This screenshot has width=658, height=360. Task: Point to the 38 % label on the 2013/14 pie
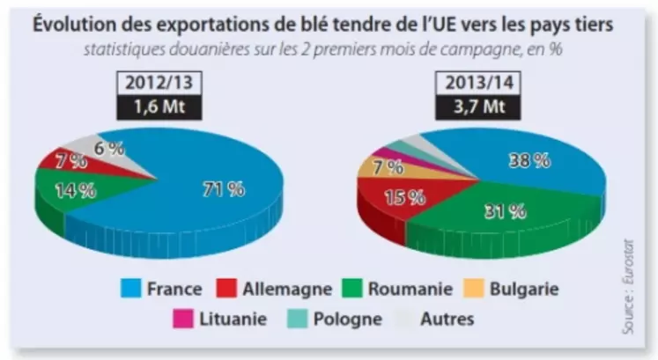click(x=529, y=160)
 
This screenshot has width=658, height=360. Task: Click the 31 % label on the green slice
click(x=506, y=210)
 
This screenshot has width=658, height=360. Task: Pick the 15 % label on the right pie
click(x=404, y=197)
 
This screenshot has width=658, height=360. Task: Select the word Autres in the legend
click(x=446, y=319)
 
